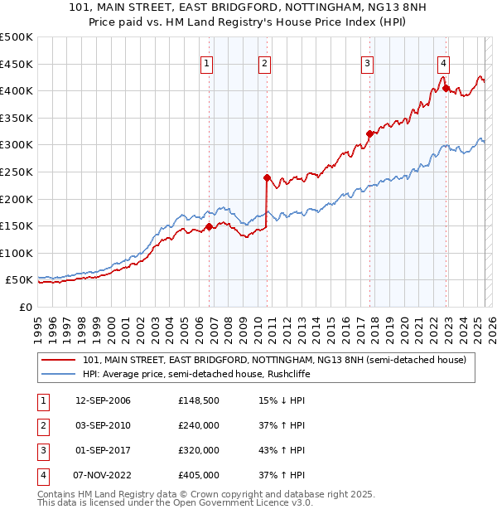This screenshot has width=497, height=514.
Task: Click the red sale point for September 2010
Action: [267, 177]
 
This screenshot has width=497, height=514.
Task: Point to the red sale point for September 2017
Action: [369, 133]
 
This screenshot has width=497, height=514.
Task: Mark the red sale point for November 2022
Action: [446, 88]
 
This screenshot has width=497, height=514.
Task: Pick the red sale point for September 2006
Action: [209, 226]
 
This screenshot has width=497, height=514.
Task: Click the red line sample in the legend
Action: [58, 360]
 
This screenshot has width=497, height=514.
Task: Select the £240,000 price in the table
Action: [199, 425]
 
